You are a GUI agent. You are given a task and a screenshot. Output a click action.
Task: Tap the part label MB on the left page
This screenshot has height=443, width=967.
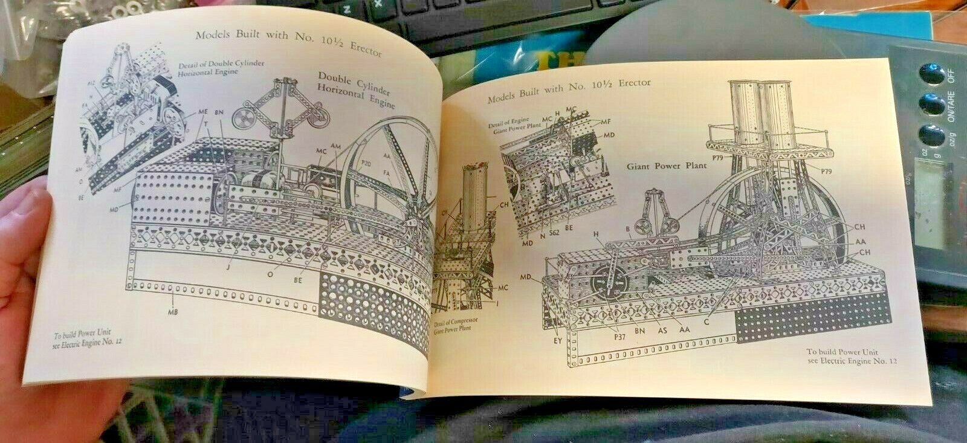175,312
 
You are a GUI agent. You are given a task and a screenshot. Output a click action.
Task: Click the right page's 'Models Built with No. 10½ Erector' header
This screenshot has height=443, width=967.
569,89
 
